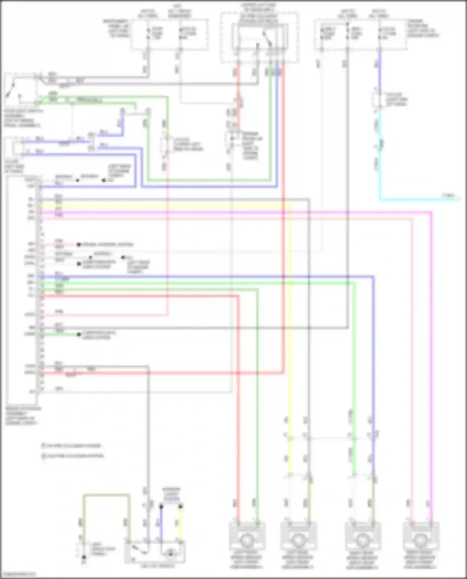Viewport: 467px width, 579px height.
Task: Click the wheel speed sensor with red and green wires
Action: point(247,540)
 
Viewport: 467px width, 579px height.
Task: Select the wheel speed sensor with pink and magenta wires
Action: point(421,540)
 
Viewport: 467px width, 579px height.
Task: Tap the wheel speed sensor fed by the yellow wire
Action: point(298,540)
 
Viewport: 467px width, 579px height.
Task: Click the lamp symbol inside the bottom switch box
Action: point(170,553)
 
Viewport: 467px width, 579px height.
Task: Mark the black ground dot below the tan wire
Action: point(84,557)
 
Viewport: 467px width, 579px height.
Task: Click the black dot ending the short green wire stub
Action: point(79,335)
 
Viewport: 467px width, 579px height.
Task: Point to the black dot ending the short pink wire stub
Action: point(79,245)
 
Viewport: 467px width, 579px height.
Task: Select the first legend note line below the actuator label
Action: point(72,446)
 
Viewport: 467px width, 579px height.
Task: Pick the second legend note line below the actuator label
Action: point(73,456)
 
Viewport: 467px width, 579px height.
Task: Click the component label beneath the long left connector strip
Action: point(22,416)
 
